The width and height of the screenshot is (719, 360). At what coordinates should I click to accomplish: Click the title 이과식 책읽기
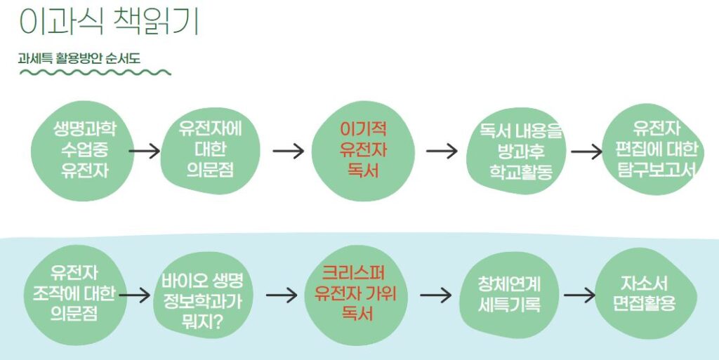click(x=109, y=22)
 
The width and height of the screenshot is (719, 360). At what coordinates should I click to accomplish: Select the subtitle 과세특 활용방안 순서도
click(x=79, y=59)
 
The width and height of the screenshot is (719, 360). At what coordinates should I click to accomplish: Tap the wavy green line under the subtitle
click(x=95, y=72)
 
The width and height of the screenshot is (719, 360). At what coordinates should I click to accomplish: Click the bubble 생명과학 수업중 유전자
click(x=84, y=151)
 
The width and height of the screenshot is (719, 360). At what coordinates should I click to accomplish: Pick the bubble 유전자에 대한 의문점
click(x=210, y=149)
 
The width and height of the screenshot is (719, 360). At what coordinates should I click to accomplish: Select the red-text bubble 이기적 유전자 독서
click(x=363, y=151)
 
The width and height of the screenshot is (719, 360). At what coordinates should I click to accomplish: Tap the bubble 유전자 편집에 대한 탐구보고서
click(x=653, y=149)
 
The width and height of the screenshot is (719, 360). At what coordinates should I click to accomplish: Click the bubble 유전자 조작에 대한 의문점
click(x=74, y=295)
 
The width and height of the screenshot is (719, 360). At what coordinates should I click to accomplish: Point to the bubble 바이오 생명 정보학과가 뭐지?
click(x=202, y=295)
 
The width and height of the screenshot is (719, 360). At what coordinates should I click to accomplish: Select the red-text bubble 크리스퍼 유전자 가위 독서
click(x=356, y=295)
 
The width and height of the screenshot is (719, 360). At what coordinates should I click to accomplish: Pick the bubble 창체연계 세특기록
click(x=509, y=295)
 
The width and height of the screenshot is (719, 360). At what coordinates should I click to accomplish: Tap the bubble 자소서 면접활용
click(x=646, y=294)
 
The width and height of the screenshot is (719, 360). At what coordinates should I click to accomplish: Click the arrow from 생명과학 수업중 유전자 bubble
click(x=145, y=151)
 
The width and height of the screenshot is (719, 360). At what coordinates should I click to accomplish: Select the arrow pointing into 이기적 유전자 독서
click(x=289, y=151)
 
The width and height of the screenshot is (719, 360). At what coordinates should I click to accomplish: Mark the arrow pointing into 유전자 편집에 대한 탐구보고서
click(x=587, y=151)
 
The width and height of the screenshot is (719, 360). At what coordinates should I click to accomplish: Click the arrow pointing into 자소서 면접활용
click(x=579, y=295)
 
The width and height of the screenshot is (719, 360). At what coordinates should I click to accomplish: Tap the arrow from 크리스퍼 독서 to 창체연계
click(x=435, y=295)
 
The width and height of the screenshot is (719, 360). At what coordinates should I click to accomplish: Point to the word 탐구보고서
click(x=657, y=169)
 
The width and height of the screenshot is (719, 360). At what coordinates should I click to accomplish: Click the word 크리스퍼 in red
click(x=354, y=273)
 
